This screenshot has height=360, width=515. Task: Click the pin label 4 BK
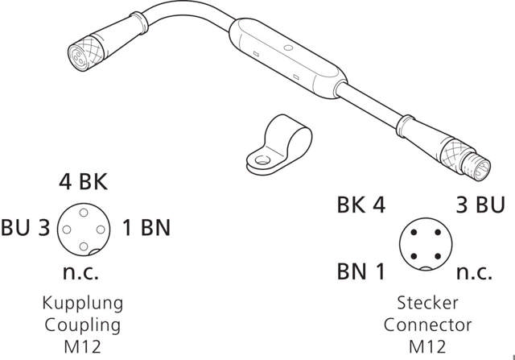(x=83, y=182)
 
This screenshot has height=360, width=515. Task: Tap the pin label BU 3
(x=26, y=228)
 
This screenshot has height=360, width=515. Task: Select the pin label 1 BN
(x=146, y=228)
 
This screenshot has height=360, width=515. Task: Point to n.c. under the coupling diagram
(x=80, y=272)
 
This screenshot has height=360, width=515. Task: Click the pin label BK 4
(x=361, y=205)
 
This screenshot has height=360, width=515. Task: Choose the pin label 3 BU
(x=480, y=205)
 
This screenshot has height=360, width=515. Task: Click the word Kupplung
(x=82, y=304)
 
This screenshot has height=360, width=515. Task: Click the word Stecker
(x=427, y=304)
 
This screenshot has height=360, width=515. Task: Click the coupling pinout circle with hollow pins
(x=83, y=229)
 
